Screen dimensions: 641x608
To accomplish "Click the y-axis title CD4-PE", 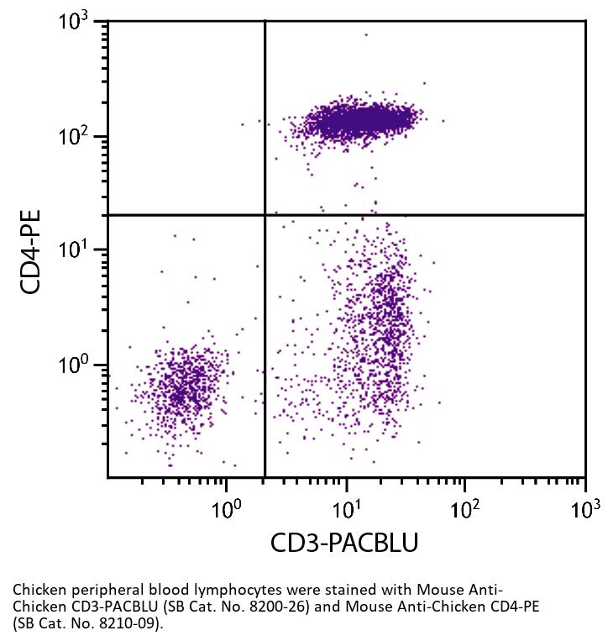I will click(x=31, y=251).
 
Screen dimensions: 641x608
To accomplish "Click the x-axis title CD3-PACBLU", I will click(x=343, y=544).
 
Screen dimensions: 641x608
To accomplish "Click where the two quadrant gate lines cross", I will click(x=265, y=215).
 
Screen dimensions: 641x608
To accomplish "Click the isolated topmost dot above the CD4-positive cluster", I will click(x=366, y=34).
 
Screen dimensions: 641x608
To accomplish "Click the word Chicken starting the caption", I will click(x=37, y=591).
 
